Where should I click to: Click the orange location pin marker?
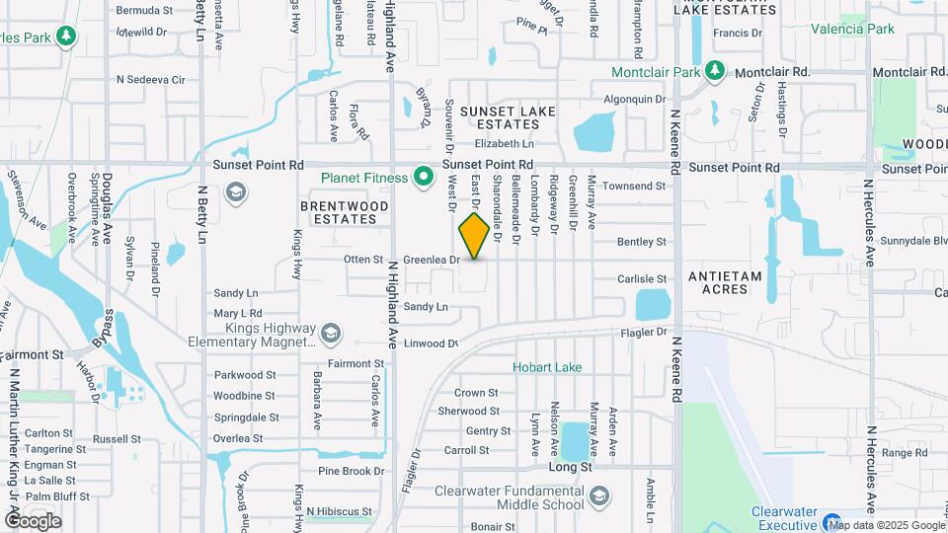pyautogui.click(x=474, y=235)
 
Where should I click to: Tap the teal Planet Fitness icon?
pyautogui.click(x=425, y=178)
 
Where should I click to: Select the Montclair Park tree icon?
pyautogui.click(x=716, y=72)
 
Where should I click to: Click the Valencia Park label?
pyautogui.click(x=852, y=29)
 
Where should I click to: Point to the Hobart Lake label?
pyautogui.click(x=546, y=367)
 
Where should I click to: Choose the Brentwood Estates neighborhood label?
pyautogui.click(x=345, y=212)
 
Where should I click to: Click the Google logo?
pyautogui.click(x=33, y=521)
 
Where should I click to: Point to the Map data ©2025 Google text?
pyautogui.click(x=887, y=524)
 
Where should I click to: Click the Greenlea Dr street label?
pyautogui.click(x=432, y=260)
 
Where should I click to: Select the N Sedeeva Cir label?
pyautogui.click(x=150, y=79)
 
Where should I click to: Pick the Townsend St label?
pyautogui.click(x=635, y=186)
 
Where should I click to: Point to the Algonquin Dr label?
pyautogui.click(x=635, y=99)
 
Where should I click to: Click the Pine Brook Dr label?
pyautogui.click(x=351, y=472)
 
